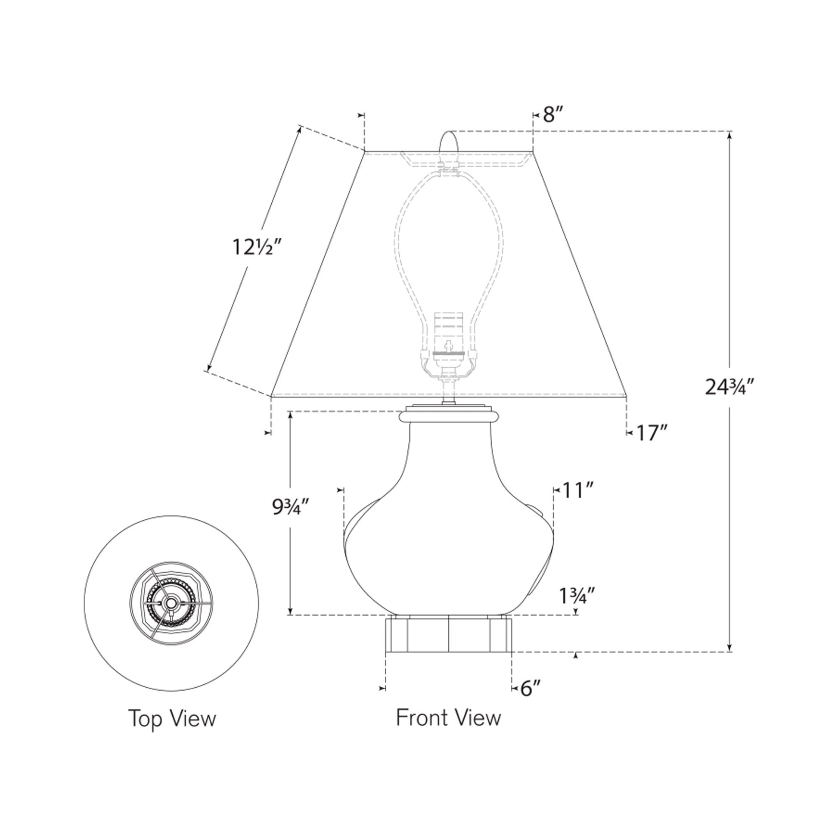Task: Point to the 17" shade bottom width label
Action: click(650, 432)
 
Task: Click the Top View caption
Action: click(172, 719)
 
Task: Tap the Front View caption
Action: click(448, 718)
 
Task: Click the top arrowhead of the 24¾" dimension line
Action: click(730, 135)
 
